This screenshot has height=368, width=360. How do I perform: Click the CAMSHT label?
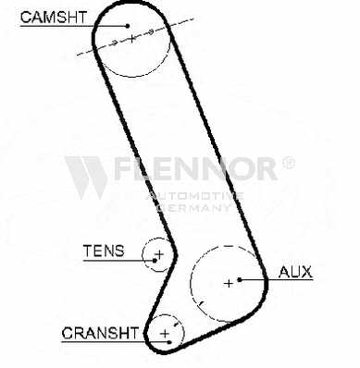coord(54,18)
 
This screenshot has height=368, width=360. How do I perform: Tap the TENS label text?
coord(104,251)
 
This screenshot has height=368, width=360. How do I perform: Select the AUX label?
coord(295,272)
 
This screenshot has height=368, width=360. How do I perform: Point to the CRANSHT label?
coord(100,333)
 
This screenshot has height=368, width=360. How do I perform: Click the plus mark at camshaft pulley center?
coord(132,39)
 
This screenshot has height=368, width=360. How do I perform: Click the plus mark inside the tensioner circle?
coord(159,254)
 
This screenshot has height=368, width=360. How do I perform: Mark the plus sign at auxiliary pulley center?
coord(229,283)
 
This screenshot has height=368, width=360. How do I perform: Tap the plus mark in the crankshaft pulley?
coord(166,334)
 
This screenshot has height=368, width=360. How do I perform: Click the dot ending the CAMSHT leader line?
coord(128,26)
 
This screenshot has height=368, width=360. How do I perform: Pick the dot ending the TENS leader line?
coord(155,261)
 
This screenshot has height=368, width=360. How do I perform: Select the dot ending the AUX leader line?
coord(240,280)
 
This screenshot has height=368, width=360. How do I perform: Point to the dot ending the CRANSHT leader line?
coord(169,342)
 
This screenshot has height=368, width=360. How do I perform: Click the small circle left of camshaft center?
coord(114,43)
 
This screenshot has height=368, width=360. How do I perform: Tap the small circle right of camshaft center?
coord(151,31)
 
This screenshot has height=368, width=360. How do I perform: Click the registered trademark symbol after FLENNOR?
coord(289,163)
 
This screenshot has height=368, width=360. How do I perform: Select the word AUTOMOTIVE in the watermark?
coord(195,196)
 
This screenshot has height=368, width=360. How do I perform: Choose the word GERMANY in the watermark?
coord(194,207)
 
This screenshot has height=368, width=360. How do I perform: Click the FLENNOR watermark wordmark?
coord(195,168)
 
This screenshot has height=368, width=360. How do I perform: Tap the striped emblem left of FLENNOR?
coord(86,178)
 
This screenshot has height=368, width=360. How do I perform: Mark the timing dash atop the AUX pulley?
coord(229,246)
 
